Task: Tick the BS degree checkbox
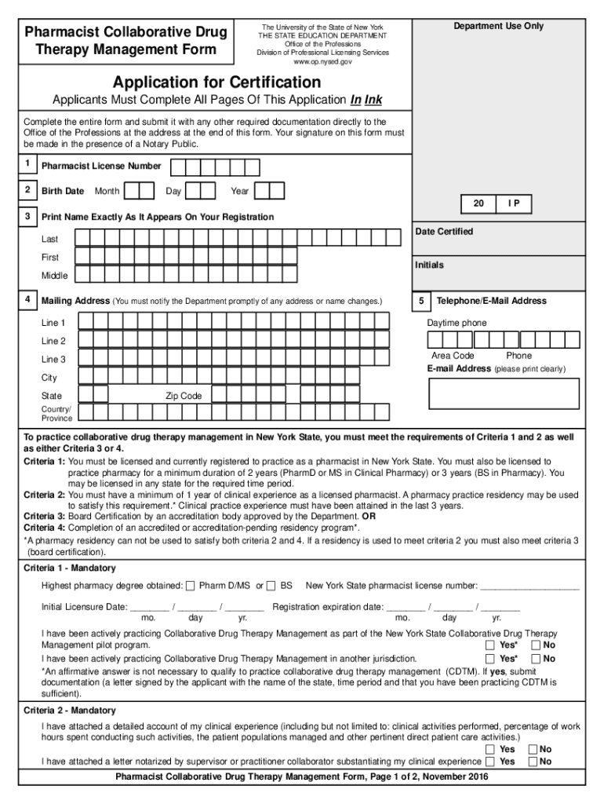click(271, 586)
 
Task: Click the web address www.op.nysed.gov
click(322, 61)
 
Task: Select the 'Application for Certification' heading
click(216, 82)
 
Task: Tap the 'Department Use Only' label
click(498, 26)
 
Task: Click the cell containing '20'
click(478, 204)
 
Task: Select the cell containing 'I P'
click(514, 204)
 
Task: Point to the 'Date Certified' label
click(444, 232)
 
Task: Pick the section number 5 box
click(420, 300)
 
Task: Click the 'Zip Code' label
click(184, 396)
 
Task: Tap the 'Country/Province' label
click(56, 414)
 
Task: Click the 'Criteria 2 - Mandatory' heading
click(70, 710)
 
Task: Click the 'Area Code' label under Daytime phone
click(453, 356)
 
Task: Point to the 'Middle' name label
click(54, 276)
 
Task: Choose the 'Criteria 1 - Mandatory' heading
click(70, 568)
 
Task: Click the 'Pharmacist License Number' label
click(101, 166)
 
